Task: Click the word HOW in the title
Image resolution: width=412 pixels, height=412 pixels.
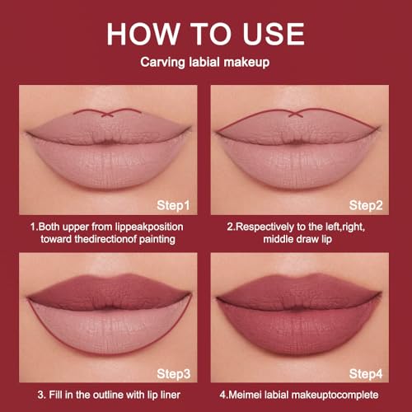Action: [143, 34]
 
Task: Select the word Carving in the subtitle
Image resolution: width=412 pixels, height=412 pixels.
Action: [163, 63]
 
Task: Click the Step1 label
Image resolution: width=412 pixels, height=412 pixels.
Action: [173, 205]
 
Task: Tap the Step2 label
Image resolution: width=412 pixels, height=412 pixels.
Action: [366, 205]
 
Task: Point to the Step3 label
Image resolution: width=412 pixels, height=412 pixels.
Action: [174, 374]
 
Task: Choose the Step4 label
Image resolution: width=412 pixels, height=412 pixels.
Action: [366, 374]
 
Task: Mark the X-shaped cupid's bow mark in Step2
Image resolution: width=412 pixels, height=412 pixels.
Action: [296, 113]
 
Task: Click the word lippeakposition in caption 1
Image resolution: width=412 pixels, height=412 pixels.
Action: [149, 227]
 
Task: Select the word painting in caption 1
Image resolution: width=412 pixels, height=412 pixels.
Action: [157, 240]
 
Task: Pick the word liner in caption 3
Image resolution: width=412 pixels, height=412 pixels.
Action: [170, 395]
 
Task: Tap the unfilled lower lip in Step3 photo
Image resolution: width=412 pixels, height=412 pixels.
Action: [110, 327]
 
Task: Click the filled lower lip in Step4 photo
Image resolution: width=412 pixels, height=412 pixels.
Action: [298, 328]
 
